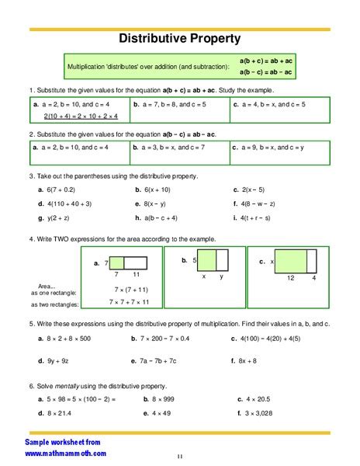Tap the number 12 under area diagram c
pyautogui.click(x=290, y=277)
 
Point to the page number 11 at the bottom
pyautogui.click(x=179, y=457)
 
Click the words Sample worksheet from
pyautogui.click(x=58, y=440)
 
